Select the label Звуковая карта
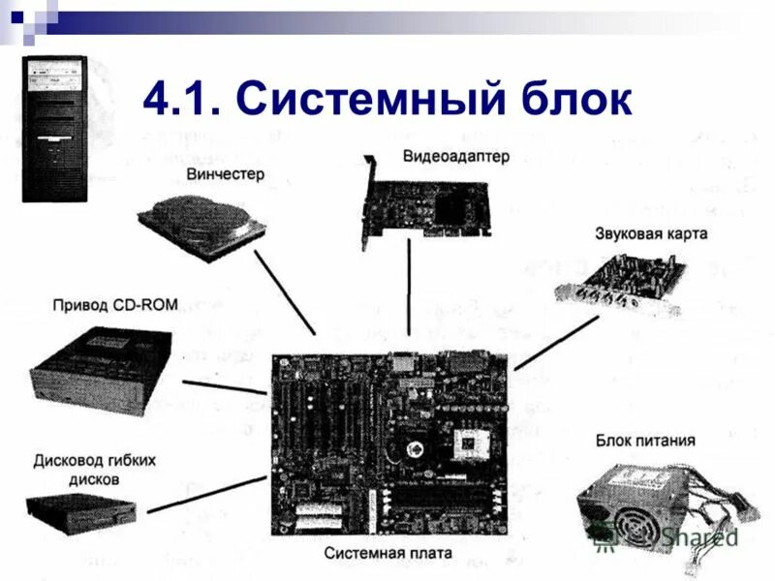coord(651,233)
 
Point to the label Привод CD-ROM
coord(115,305)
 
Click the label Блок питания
coord(645,441)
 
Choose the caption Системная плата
coord(388,554)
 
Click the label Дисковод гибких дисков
coord(94,470)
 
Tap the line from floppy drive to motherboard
coord(206,494)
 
